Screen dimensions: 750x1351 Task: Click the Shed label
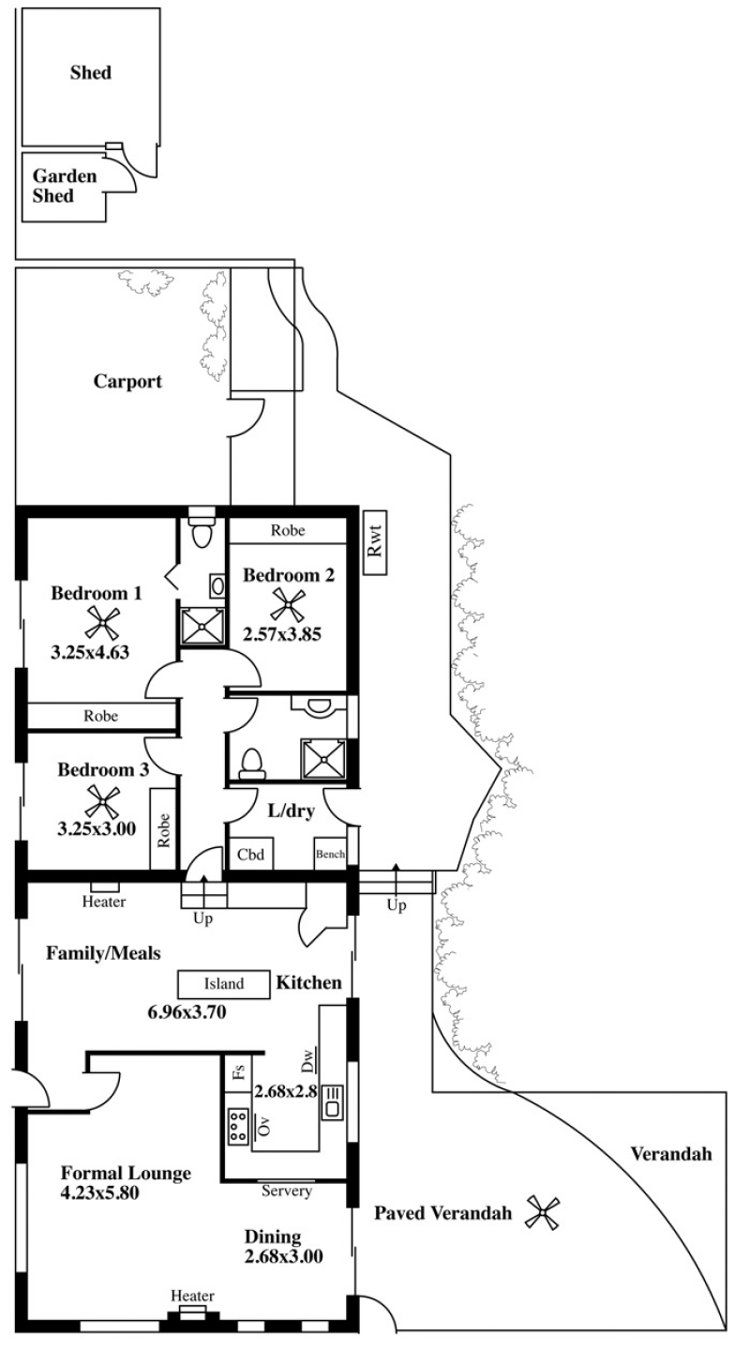[x=90, y=73]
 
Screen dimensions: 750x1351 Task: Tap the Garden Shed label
[x=64, y=186]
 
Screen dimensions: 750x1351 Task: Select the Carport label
[x=127, y=382]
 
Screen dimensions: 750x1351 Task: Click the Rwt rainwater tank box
[x=375, y=542]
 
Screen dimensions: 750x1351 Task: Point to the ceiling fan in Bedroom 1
[x=102, y=622]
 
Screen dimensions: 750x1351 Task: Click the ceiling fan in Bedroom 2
[x=288, y=605]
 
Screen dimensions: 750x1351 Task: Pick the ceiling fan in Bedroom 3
[x=102, y=801]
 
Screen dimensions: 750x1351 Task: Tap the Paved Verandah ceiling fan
[x=542, y=1212]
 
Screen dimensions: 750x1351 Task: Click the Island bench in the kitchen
[x=224, y=984]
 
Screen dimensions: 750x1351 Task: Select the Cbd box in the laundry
[x=251, y=854]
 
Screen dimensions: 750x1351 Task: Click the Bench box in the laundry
[x=330, y=854]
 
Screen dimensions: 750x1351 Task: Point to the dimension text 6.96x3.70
[x=187, y=1011]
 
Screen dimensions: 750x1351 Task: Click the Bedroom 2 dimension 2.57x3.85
[x=282, y=634]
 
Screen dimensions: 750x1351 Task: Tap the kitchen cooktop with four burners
[x=238, y=1126]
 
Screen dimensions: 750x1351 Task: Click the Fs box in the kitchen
[x=238, y=1071]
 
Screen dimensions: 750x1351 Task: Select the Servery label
[x=286, y=1191]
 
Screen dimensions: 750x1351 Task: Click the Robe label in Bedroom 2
[x=288, y=530]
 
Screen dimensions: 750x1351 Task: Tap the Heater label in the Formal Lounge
[x=192, y=1296]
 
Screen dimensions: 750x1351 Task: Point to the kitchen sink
[x=333, y=1101]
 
